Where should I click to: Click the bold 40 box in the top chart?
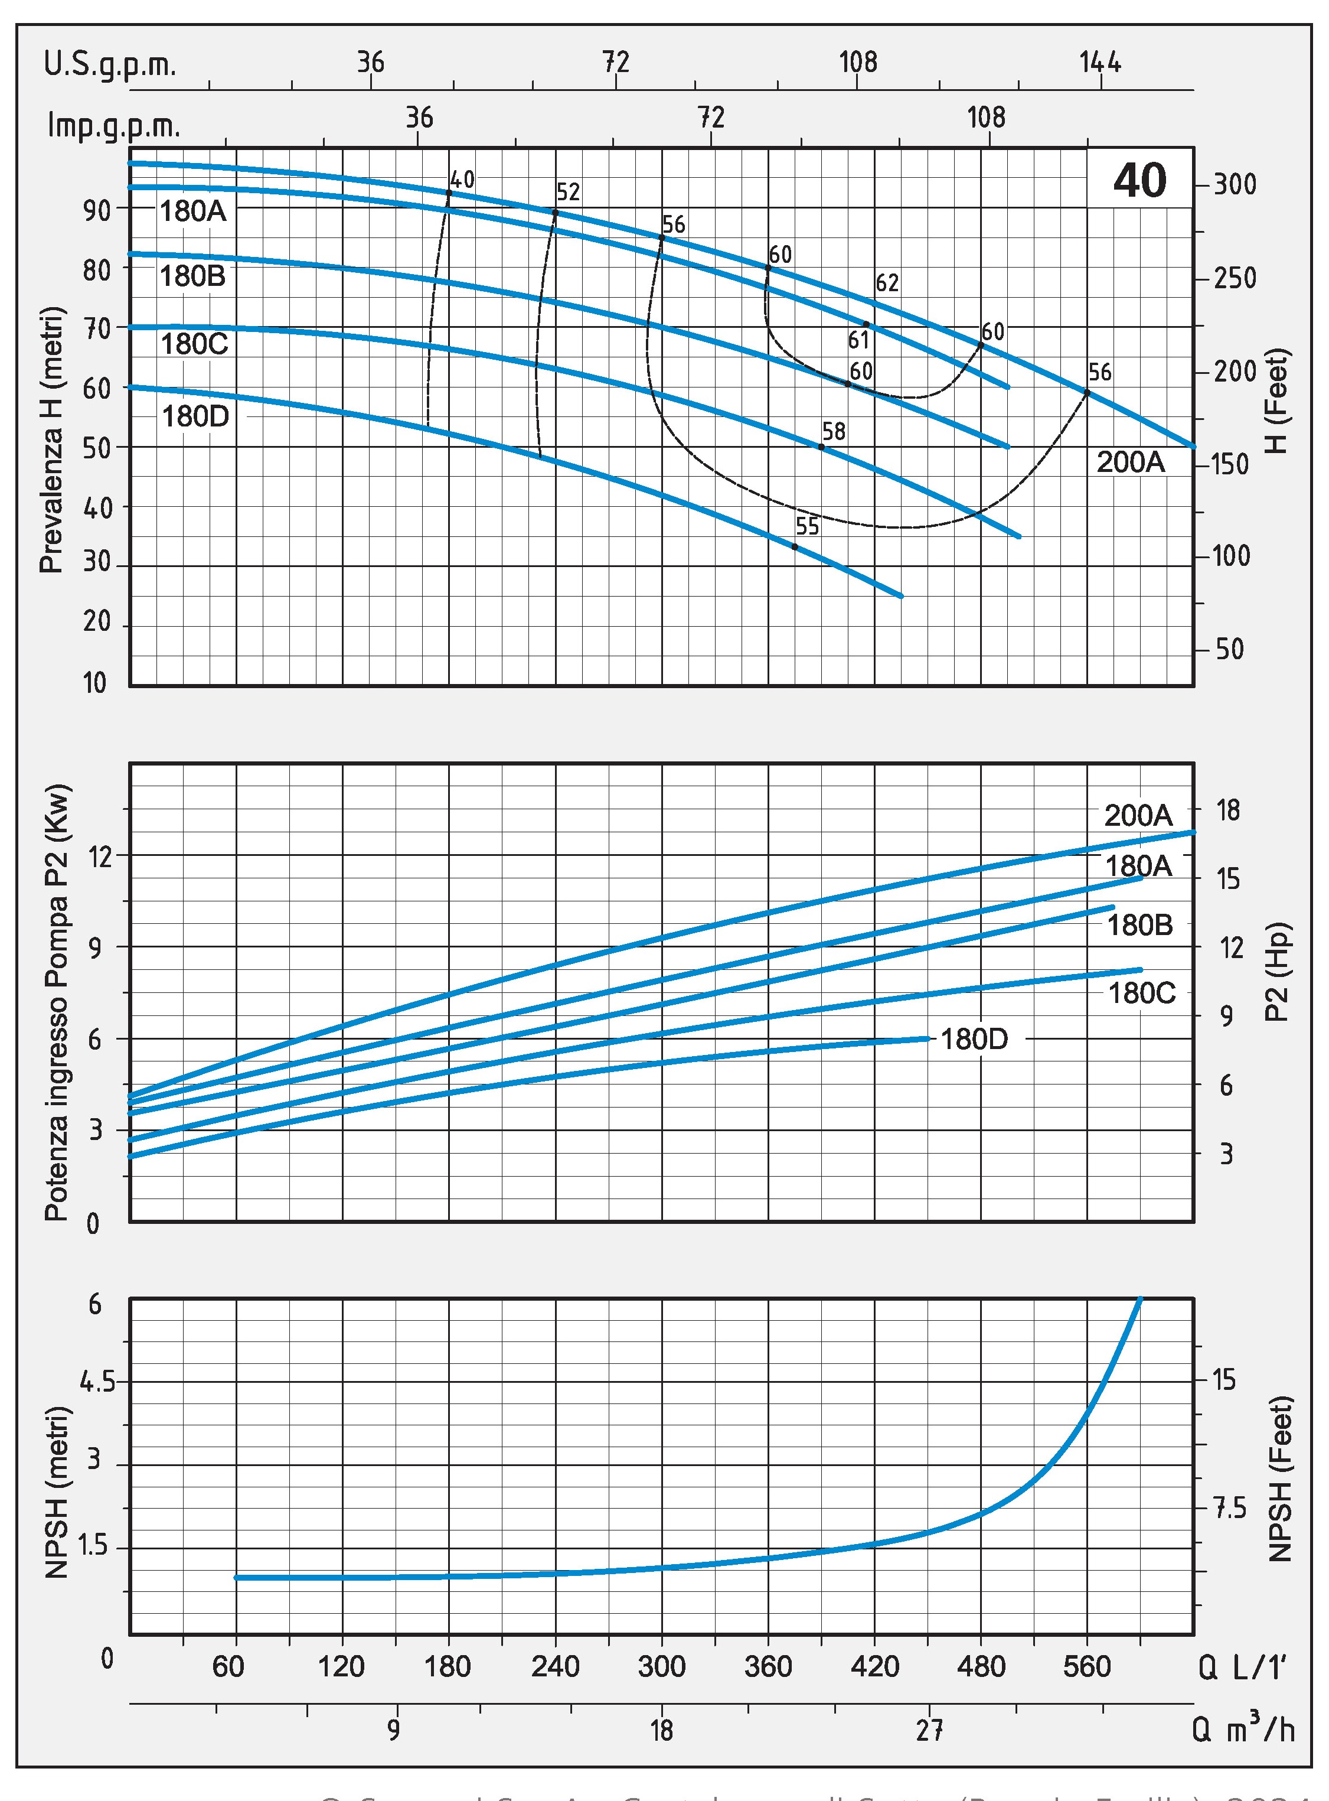1139,180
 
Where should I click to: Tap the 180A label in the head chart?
193,211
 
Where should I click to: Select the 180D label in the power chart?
974,1039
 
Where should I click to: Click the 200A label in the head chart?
1130,462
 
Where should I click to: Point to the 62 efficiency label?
887,282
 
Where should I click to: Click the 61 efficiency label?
858,340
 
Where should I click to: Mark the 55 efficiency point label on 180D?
807,526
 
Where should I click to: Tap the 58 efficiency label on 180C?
834,431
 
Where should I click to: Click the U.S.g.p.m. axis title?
110,64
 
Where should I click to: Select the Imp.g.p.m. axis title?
113,126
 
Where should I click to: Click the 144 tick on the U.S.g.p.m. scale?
1100,62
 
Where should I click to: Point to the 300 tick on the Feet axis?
1235,184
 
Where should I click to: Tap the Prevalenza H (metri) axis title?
51,439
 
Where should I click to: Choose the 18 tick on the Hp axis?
1227,810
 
